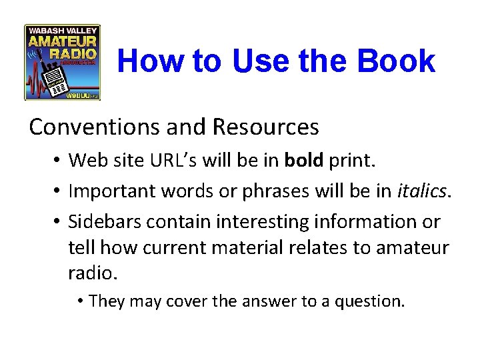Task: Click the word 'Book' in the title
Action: tap(396, 61)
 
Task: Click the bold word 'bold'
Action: tap(304, 160)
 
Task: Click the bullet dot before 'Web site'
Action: tap(58, 161)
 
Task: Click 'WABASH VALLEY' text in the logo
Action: tap(62, 30)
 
